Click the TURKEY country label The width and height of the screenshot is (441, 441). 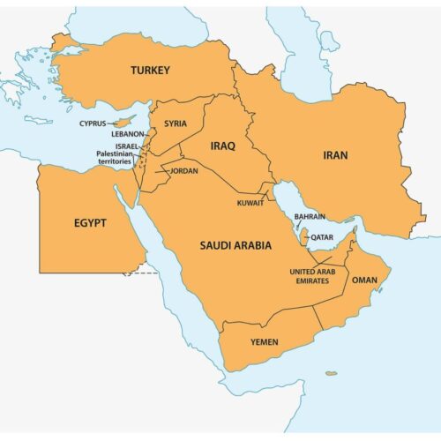pos(150,70)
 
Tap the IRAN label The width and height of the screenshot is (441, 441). pos(334,155)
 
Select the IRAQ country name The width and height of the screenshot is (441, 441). pos(222,146)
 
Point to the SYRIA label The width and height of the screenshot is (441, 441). pos(176,124)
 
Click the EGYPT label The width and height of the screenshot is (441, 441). pos(90,223)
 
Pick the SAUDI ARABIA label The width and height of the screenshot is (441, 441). pos(234,244)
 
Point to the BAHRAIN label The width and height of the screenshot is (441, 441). pos(310,216)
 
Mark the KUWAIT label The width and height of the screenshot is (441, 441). pos(250,204)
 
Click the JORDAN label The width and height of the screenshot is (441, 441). pos(184,170)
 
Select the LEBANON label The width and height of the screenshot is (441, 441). pos(128,134)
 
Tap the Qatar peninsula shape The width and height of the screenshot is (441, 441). pos(303,235)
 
